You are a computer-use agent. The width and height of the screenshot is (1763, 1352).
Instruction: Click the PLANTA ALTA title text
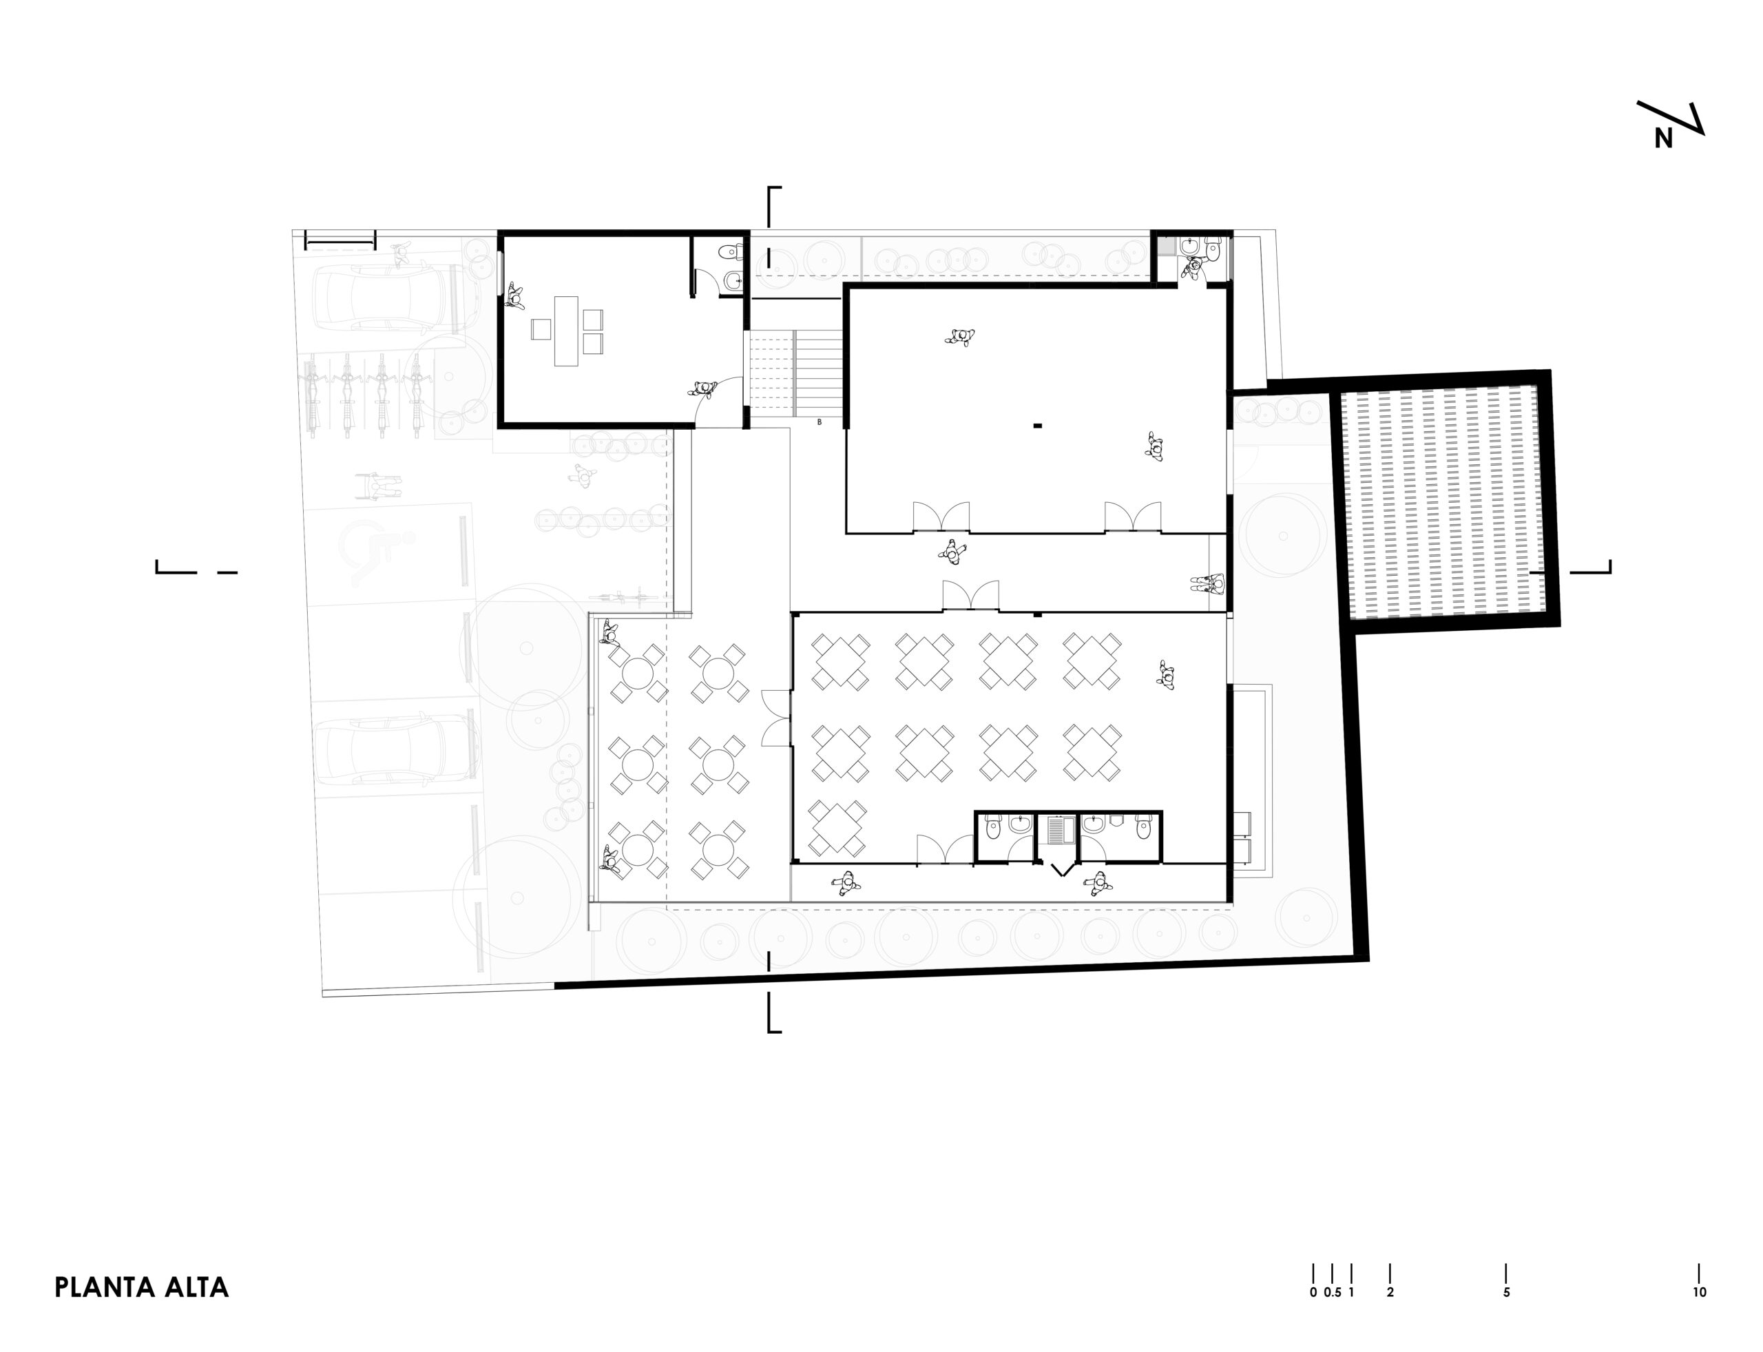point(142,1287)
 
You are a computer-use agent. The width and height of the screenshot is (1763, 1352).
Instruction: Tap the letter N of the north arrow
point(1663,139)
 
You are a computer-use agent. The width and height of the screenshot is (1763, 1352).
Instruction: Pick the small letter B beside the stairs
point(819,422)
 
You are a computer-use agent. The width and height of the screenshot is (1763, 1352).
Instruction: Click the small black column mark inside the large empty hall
point(1038,425)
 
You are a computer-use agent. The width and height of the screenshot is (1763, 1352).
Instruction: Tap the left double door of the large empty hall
point(941,517)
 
